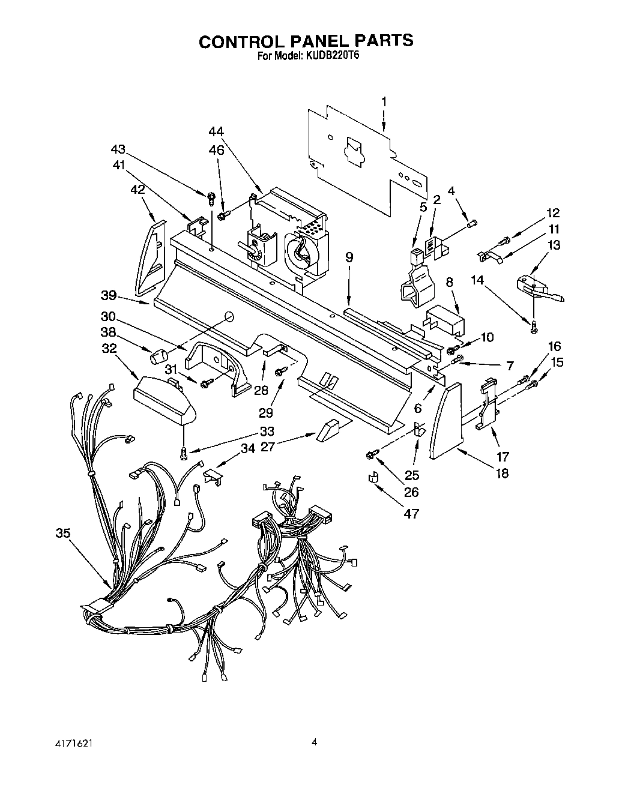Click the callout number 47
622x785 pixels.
(411, 513)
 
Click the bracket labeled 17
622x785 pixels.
(489, 405)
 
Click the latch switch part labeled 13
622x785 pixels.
(537, 284)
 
